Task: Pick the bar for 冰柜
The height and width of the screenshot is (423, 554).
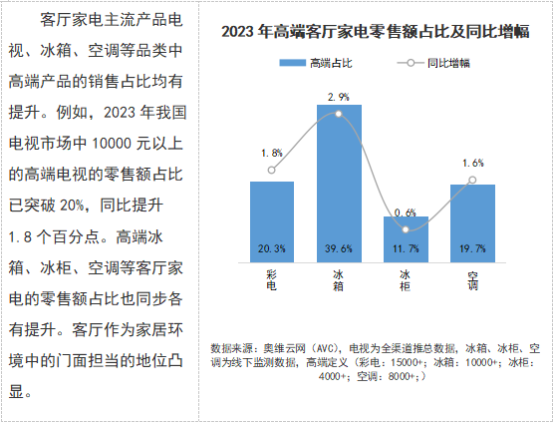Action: pos(406,239)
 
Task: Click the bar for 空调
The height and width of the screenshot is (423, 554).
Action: pos(472,221)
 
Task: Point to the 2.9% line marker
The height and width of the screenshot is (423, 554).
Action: pos(339,115)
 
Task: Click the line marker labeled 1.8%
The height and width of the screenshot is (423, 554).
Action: pos(271,171)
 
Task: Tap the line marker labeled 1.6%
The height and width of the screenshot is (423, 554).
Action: pos(472,181)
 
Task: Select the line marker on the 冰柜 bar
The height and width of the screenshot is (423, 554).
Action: pos(406,229)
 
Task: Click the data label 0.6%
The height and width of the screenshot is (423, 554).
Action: pos(406,212)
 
